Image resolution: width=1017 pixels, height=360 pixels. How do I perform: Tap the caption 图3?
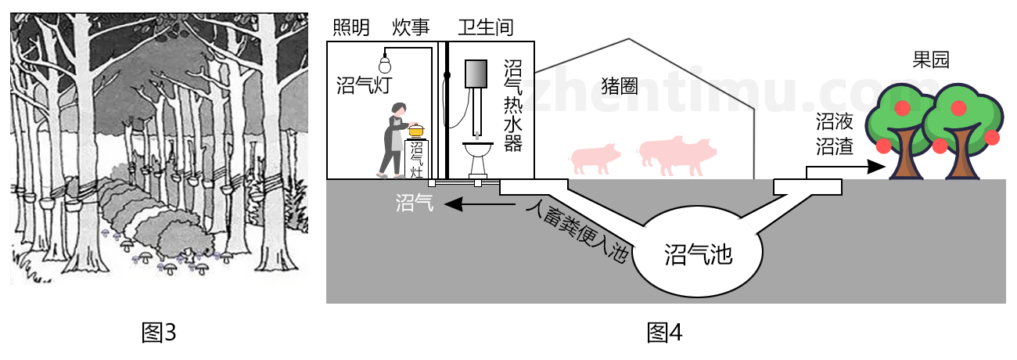pyautogui.click(x=158, y=333)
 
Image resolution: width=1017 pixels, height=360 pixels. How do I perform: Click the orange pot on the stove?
pyautogui.click(x=415, y=129)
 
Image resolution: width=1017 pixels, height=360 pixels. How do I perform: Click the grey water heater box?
pyautogui.click(x=476, y=74)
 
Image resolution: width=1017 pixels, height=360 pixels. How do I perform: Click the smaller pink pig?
pyautogui.click(x=596, y=158)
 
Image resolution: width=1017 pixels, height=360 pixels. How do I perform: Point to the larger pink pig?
pyautogui.click(x=677, y=154)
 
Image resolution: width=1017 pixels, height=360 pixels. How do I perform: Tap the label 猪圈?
pyautogui.click(x=620, y=87)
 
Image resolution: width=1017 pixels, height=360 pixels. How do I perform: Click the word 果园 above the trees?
pyautogui.click(x=931, y=60)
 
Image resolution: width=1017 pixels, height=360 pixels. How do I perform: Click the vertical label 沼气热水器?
pyautogui.click(x=512, y=106)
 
